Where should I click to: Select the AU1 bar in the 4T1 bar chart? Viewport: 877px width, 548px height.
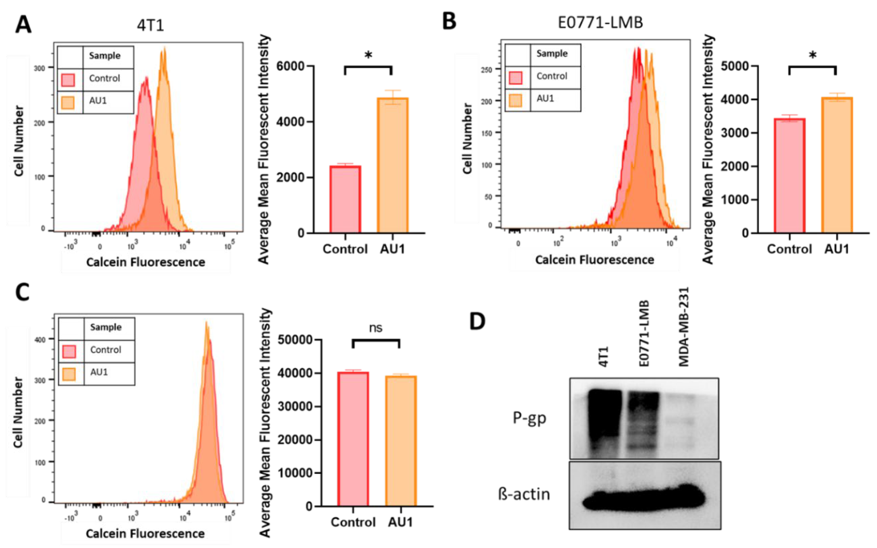coord(393,165)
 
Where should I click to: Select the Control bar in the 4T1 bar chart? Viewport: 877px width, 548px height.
coord(345,199)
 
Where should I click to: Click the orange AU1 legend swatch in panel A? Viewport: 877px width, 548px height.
coord(68,103)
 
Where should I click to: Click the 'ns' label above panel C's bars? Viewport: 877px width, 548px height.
coord(376,328)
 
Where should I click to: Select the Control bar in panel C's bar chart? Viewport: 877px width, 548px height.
coord(353,439)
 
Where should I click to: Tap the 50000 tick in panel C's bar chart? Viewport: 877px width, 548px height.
coord(295,340)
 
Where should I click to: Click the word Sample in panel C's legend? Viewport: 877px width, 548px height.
coord(105,327)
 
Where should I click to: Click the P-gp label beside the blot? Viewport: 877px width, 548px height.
coord(529,418)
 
